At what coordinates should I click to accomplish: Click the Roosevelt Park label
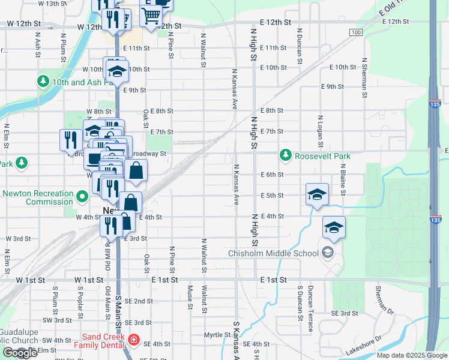tap(322, 156)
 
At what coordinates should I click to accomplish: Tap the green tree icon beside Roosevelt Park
tap(286, 156)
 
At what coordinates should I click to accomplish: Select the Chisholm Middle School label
tap(273, 253)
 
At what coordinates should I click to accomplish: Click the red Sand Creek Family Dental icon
tap(133, 341)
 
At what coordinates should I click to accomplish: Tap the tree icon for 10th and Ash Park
tap(43, 81)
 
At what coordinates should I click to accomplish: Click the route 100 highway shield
tap(356, 32)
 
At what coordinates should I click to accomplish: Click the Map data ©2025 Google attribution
tap(411, 355)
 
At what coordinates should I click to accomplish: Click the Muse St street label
tap(190, 298)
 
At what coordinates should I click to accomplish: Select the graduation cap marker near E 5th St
tap(317, 194)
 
